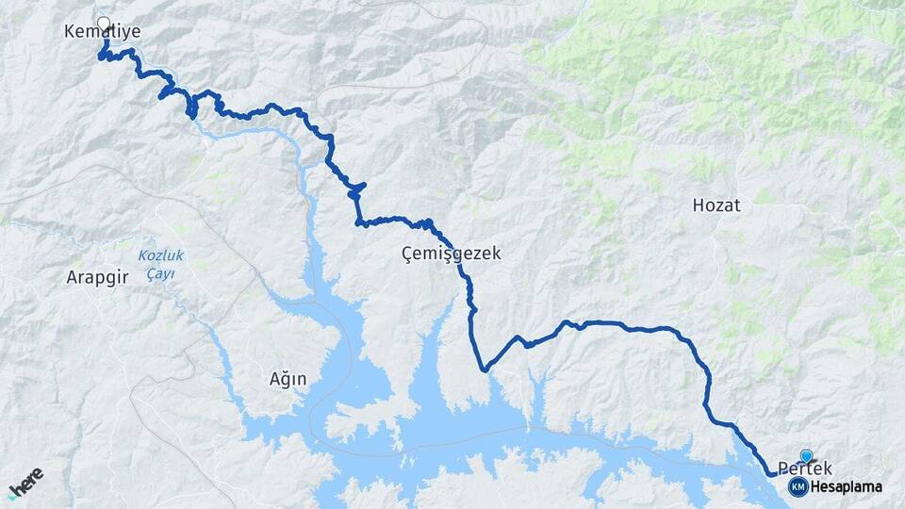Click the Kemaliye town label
click(x=102, y=32)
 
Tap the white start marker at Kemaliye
click(x=104, y=23)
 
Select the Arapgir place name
click(x=96, y=277)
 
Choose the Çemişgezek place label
click(x=451, y=254)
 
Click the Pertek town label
click(x=805, y=468)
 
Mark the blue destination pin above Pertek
click(x=806, y=456)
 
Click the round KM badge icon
click(x=798, y=486)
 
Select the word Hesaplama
click(x=847, y=486)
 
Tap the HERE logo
click(x=25, y=481)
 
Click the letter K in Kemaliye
click(x=69, y=32)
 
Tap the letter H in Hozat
click(x=699, y=205)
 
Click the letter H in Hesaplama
click(x=816, y=486)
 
